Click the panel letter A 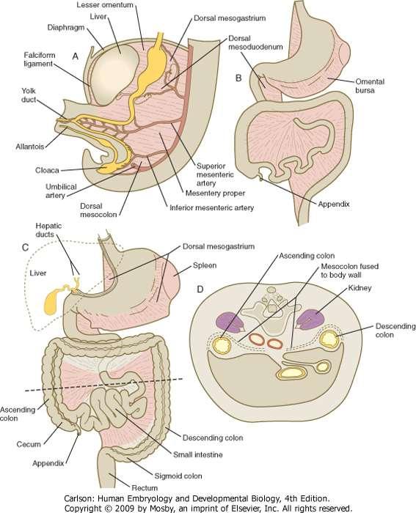pos(76,56)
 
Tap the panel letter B pos(238,78)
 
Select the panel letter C pos(25,248)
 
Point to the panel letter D pos(200,289)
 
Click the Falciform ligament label pos(40,59)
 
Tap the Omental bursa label pos(370,86)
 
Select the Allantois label pos(30,147)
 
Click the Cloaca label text pos(47,170)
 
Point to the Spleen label pos(205,265)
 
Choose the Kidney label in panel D pos(360,288)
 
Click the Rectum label pos(145,488)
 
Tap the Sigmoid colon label pos(178,476)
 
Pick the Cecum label pos(29,444)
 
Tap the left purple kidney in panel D pos(230,322)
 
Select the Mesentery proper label pos(215,193)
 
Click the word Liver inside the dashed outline pos(37,273)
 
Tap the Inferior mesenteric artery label pos(211,207)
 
